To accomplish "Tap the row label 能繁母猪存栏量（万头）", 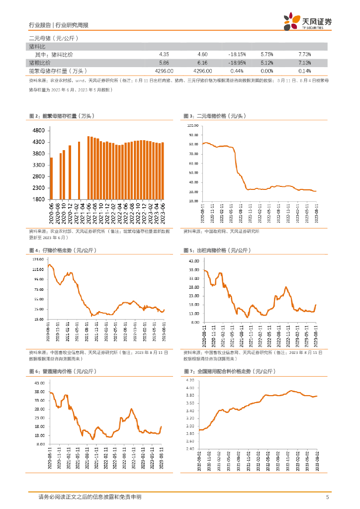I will [x=59, y=71].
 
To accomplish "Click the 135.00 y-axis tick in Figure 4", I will [x=37, y=259].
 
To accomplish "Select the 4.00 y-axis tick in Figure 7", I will [x=189, y=388].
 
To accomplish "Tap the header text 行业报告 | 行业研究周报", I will [x=59, y=25].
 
